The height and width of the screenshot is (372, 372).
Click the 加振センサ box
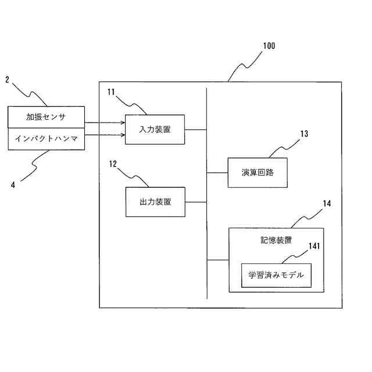coord(46,117)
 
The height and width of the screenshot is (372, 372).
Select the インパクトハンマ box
coord(46,139)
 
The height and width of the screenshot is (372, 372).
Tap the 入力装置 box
coord(155,129)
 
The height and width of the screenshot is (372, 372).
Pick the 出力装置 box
coord(155,202)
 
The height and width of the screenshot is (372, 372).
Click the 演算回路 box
coord(257,173)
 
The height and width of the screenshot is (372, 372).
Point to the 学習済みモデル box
coord(276,275)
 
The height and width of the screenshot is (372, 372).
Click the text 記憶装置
coord(276,239)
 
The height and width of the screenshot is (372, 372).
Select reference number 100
coord(269,46)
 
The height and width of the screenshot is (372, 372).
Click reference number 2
coord(7,79)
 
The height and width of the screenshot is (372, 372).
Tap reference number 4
coord(13,185)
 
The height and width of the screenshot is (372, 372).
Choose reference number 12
coord(113,164)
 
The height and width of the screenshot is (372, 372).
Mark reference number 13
coord(303,134)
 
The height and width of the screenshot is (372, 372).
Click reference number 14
coord(327,203)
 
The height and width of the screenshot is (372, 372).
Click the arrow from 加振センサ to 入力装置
coord(105,123)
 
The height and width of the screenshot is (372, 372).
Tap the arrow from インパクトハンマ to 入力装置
coord(105,135)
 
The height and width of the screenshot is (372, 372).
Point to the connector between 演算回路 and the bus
coord(217,173)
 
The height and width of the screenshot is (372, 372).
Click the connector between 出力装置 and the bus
coord(196,202)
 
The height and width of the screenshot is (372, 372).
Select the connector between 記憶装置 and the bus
coord(218,260)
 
